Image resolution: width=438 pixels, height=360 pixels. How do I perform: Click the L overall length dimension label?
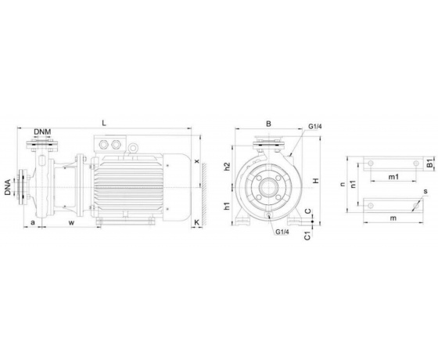pyautogui.click(x=104, y=123)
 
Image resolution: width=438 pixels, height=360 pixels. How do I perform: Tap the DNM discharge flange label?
pyautogui.click(x=42, y=131)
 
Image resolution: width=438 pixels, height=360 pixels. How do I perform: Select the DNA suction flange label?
pyautogui.click(x=8, y=187)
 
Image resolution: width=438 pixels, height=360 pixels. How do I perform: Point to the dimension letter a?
pyautogui.click(x=33, y=222)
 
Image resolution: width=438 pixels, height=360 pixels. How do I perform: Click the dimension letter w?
pyautogui.click(x=72, y=222)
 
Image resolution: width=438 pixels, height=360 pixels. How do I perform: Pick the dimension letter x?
pyautogui.click(x=197, y=161)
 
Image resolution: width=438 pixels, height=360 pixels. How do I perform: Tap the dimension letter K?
pyautogui.click(x=197, y=222)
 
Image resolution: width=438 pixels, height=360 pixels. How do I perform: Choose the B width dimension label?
pyautogui.click(x=268, y=124)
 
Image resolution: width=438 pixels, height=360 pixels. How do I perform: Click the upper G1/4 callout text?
pyautogui.click(x=315, y=126)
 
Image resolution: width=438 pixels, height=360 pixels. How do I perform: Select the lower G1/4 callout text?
pyautogui.click(x=282, y=232)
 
